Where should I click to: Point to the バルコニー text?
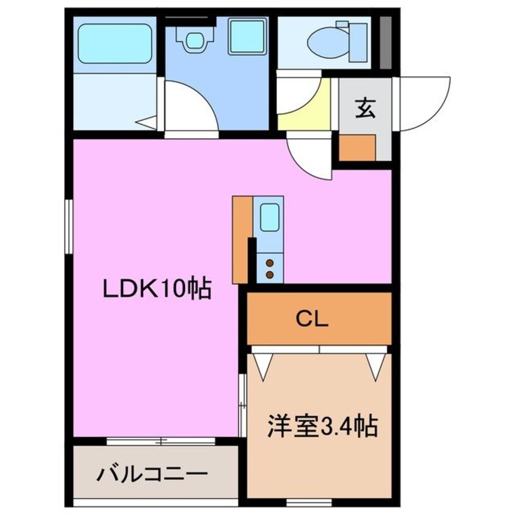click(152, 474)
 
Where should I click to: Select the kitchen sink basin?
click(270, 217)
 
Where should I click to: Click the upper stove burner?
click(269, 263)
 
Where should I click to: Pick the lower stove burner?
click(269, 274)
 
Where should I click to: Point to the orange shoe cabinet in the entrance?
click(357, 147)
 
